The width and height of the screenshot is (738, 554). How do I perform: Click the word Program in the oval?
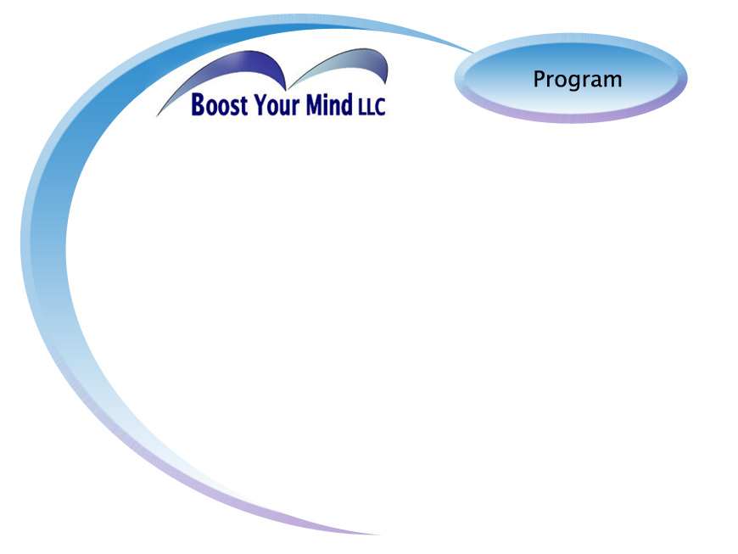pyautogui.click(x=578, y=80)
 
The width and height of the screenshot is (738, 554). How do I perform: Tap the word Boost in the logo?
pyautogui.click(x=220, y=104)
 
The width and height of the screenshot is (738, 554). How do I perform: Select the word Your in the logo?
pyautogui.click(x=277, y=104)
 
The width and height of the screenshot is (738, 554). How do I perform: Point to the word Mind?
pyautogui.click(x=329, y=104)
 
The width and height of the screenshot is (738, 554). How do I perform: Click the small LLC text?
pyautogui.click(x=372, y=107)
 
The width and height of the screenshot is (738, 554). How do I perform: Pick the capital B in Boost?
pyautogui.click(x=198, y=104)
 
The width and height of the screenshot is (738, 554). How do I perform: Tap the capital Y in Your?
pyautogui.click(x=260, y=104)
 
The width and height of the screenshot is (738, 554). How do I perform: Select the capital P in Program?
pyautogui.click(x=540, y=79)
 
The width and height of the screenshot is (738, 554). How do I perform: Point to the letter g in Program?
pyautogui.click(x=577, y=82)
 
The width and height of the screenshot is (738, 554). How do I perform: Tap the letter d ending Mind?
pyautogui.click(x=347, y=104)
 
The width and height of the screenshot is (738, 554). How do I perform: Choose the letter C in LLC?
pyautogui.click(x=380, y=107)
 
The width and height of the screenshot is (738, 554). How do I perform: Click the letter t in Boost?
pyautogui.click(x=243, y=106)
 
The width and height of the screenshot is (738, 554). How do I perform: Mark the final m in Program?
pyautogui.click(x=612, y=81)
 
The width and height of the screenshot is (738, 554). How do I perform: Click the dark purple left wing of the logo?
pyautogui.click(x=235, y=70)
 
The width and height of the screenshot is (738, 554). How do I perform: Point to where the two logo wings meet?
pyautogui.click(x=287, y=89)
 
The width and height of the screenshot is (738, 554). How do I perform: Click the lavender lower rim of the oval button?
pyautogui.click(x=570, y=118)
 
